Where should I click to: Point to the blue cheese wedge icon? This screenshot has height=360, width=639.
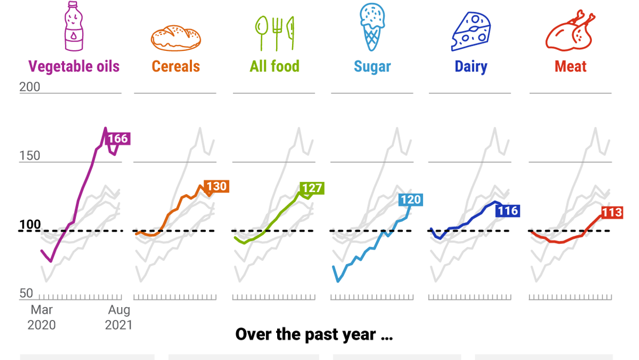(471, 32)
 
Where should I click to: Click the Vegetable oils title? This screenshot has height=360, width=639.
(74, 66)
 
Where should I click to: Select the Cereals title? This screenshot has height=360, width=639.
(176, 66)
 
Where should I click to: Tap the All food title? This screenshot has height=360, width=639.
(275, 66)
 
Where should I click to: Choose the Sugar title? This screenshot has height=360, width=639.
(372, 67)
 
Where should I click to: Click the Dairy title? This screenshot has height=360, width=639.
(471, 67)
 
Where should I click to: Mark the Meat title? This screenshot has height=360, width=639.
(570, 66)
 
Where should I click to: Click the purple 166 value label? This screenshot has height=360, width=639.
(118, 139)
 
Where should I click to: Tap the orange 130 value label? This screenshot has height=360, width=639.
(216, 186)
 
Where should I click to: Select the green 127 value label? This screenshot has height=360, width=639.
(312, 188)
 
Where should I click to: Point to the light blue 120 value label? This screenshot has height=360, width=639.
(411, 200)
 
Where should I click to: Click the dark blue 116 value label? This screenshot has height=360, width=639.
(508, 210)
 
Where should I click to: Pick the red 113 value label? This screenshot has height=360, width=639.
(611, 213)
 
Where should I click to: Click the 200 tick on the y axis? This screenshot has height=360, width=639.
(30, 87)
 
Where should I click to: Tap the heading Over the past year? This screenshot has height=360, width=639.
(314, 334)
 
